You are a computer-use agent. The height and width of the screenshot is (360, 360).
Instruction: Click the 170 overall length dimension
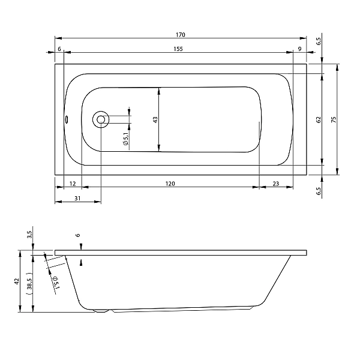(x=181, y=35)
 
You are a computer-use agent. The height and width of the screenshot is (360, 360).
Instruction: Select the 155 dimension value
(x=178, y=49)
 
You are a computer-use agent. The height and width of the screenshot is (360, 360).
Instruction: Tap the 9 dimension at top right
(x=299, y=49)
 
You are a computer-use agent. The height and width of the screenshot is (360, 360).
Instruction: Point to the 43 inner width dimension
(x=155, y=120)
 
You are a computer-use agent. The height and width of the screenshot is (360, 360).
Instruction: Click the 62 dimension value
(x=319, y=119)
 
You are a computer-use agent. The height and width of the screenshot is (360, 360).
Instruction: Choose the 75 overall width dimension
(x=334, y=119)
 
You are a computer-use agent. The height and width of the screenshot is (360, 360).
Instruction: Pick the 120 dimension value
(x=170, y=184)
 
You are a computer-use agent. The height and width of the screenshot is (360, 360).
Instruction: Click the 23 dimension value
(x=276, y=184)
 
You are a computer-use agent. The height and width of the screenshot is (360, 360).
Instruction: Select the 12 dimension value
(x=73, y=184)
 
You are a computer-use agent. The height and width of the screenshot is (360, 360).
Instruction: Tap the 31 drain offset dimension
(x=77, y=198)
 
